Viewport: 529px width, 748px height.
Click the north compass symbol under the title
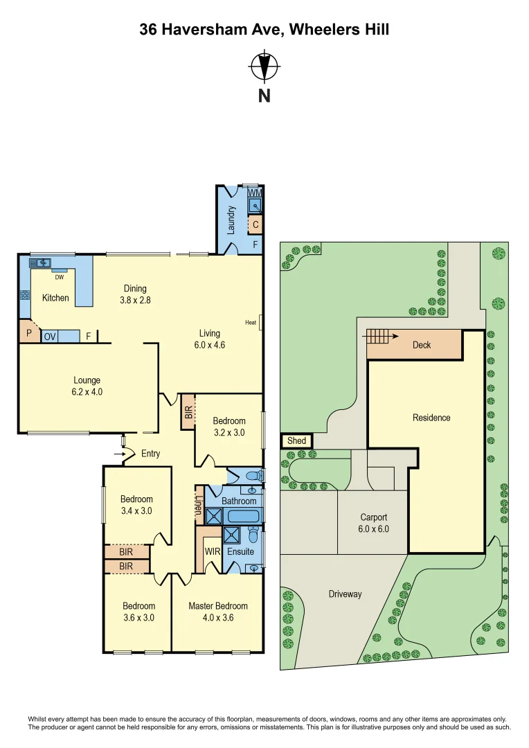click(264, 67)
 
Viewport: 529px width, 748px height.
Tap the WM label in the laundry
click(255, 192)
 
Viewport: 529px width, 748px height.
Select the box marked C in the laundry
click(255, 224)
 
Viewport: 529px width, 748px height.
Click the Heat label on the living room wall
click(251, 322)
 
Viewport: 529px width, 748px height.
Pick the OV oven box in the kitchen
click(50, 337)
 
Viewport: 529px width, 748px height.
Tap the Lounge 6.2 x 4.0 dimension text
click(87, 391)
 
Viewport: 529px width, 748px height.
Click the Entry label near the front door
click(150, 454)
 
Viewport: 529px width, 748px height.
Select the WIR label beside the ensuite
click(211, 551)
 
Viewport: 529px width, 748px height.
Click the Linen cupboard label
click(199, 506)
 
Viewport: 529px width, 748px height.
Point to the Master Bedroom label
click(217, 606)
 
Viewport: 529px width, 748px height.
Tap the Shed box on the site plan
click(296, 440)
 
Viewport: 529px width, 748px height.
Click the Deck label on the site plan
click(422, 344)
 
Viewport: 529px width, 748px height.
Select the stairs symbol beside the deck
click(378, 337)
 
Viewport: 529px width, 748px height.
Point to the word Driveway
click(345, 594)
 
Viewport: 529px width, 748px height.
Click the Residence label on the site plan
click(431, 418)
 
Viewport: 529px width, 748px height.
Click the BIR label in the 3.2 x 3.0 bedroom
click(188, 411)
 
